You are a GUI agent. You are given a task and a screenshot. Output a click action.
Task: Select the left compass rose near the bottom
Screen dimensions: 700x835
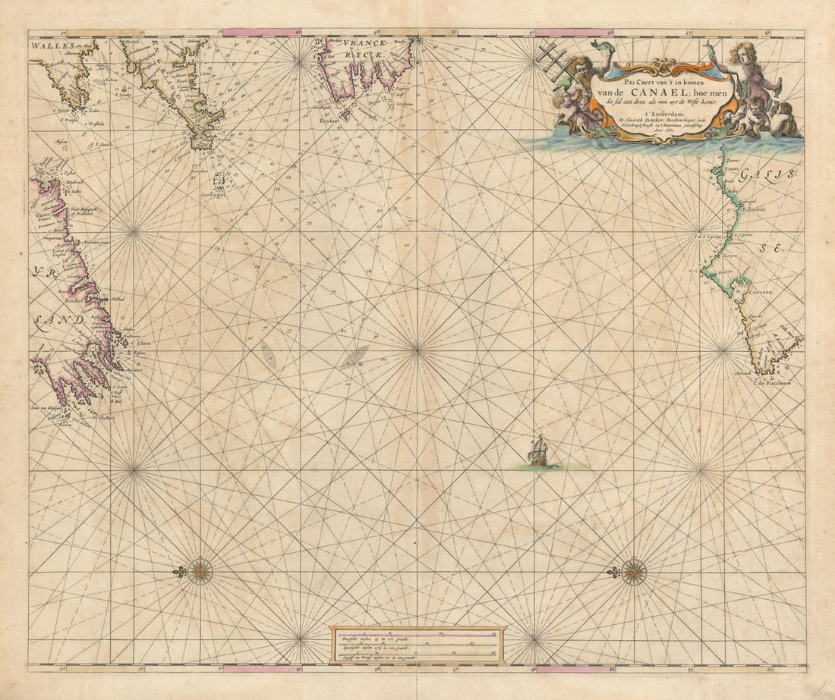(x=200, y=570)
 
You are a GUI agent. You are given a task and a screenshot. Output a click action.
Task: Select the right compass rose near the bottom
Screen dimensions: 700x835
(x=634, y=571)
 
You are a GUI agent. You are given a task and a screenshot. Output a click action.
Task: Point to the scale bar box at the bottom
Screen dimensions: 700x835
(x=417, y=645)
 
